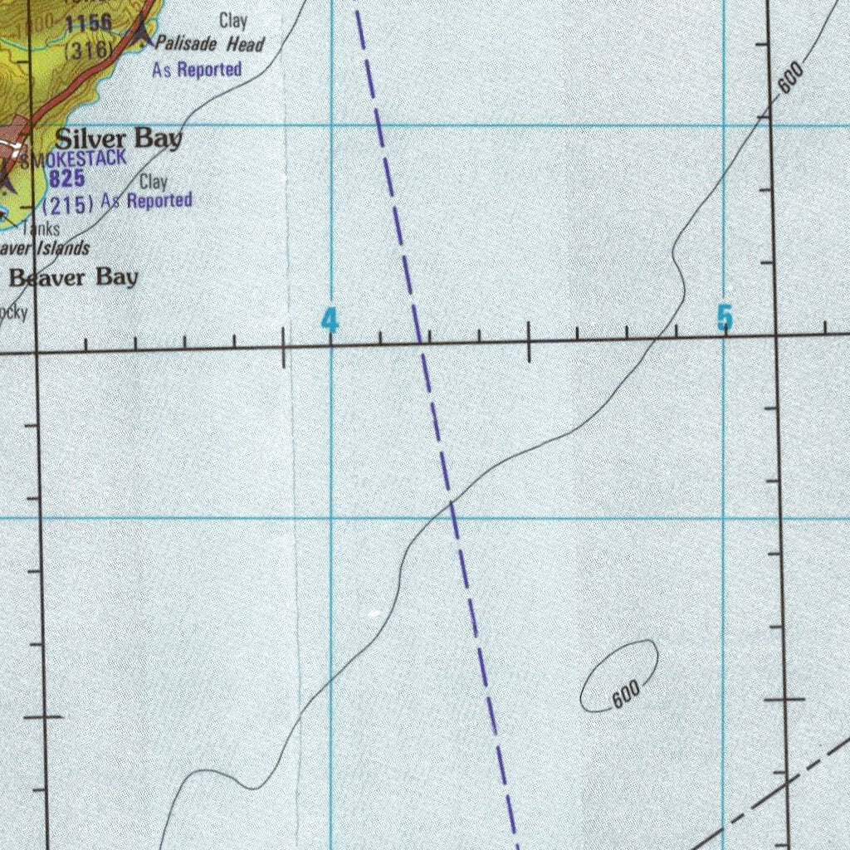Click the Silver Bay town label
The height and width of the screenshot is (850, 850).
click(x=119, y=139)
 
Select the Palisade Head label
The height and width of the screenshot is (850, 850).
click(x=209, y=44)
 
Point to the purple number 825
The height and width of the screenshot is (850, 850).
click(x=66, y=178)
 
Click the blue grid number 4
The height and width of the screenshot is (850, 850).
click(x=330, y=320)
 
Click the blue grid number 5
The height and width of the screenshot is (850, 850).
click(x=725, y=317)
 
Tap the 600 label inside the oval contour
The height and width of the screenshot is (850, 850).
click(x=626, y=694)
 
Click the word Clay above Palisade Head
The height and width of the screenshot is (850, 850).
click(x=233, y=21)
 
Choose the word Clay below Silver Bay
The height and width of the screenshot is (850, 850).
click(x=154, y=182)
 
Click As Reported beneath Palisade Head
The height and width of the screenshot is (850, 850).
click(x=197, y=70)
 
